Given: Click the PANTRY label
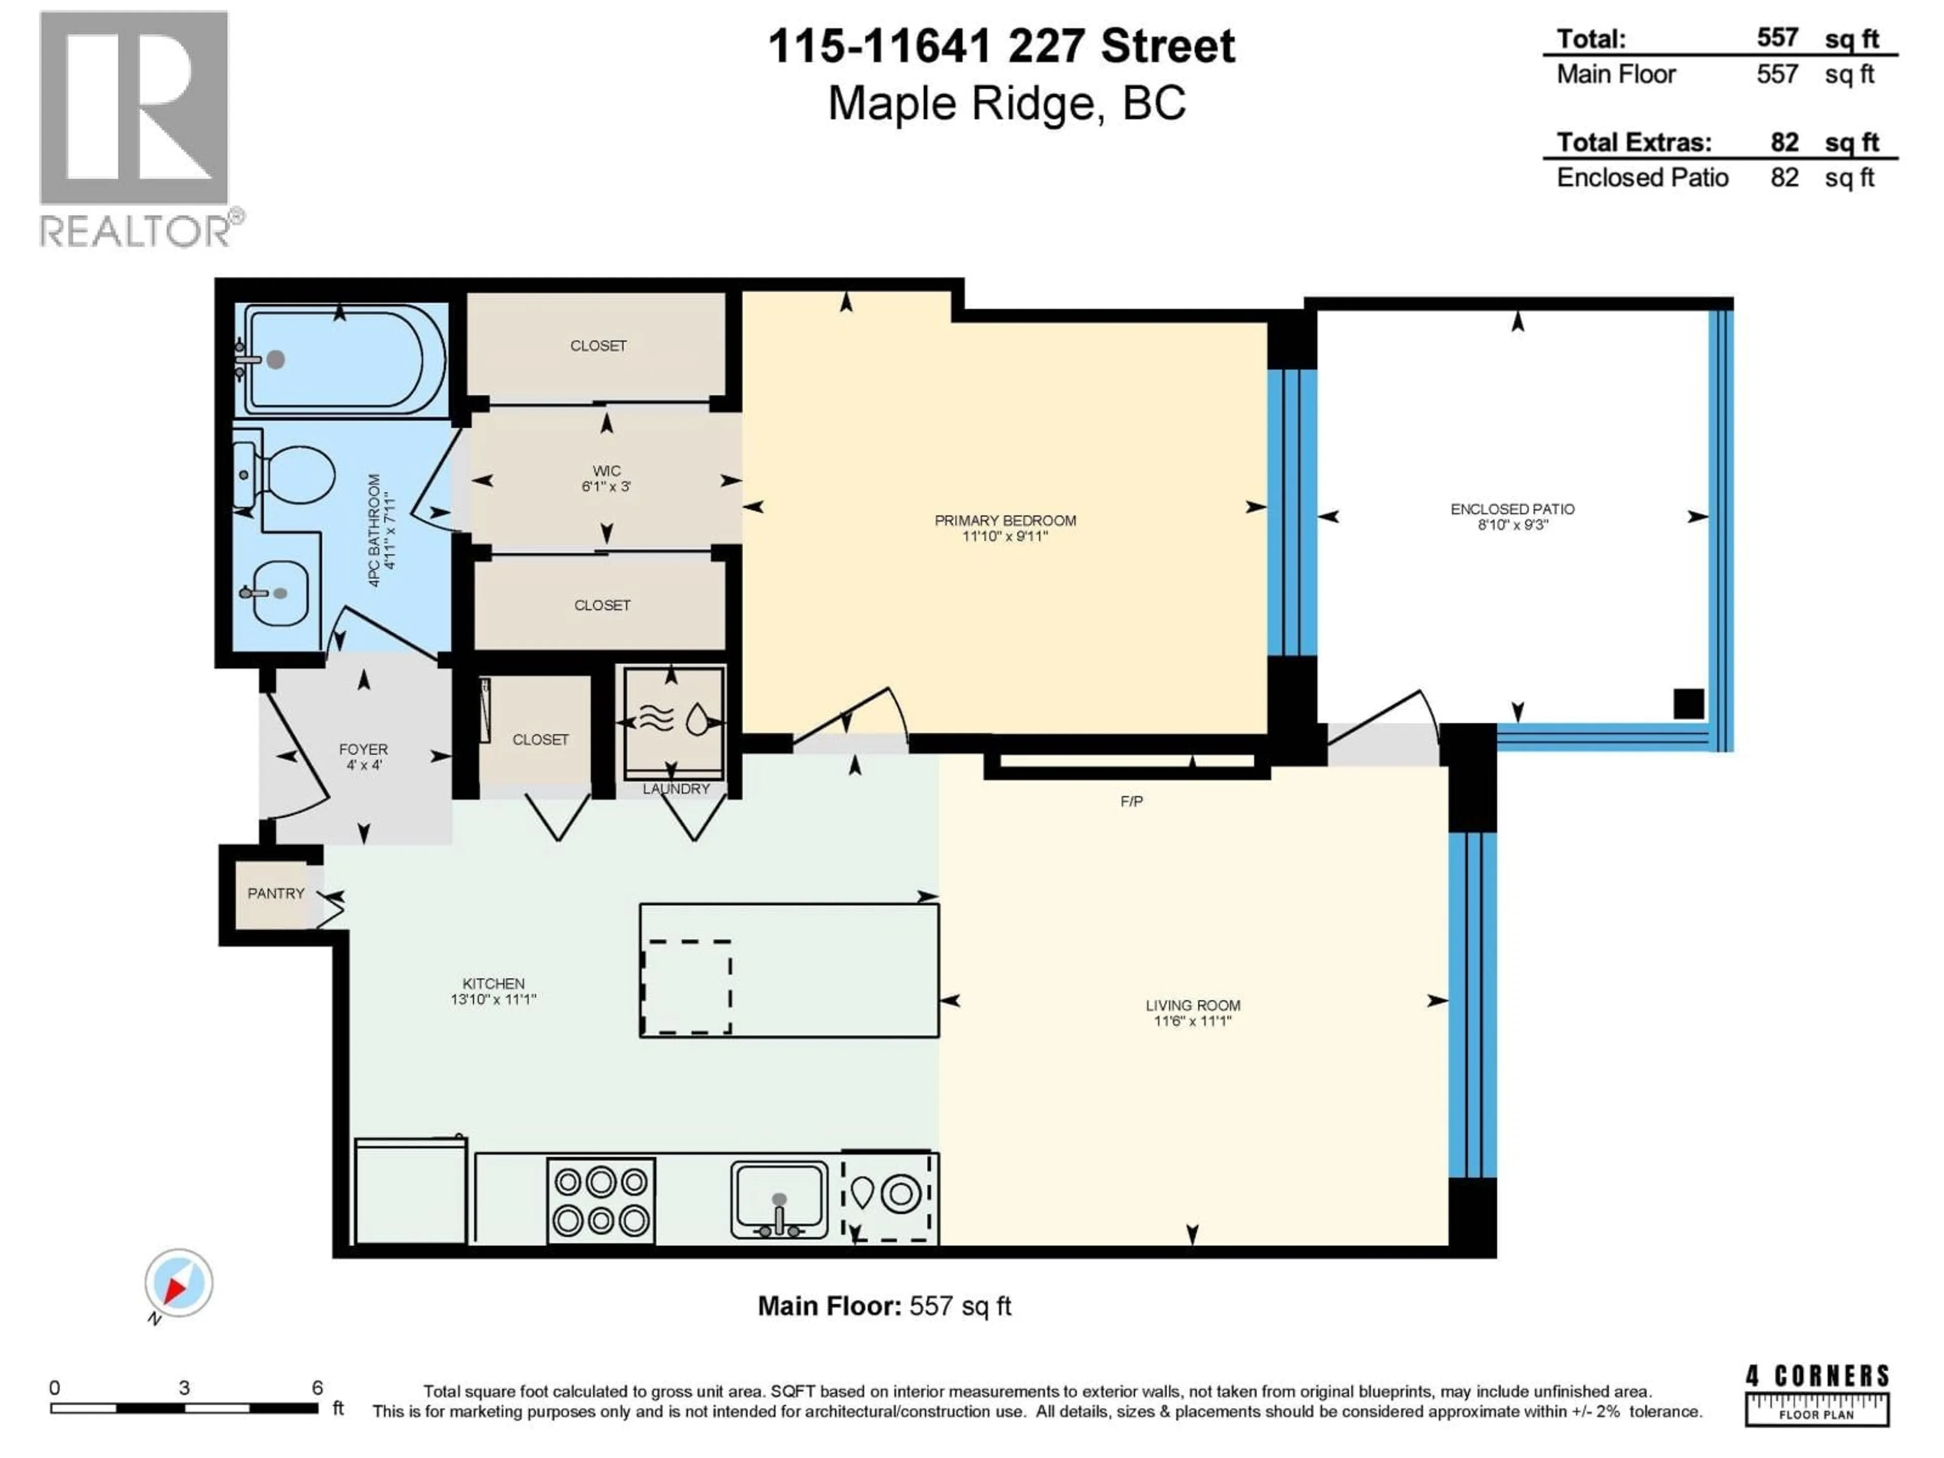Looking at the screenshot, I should [x=275, y=893].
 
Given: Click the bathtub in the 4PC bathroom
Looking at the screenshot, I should [x=343, y=358].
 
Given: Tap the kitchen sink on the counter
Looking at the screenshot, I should [x=779, y=1199].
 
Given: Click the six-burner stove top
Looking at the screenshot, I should [x=600, y=1200].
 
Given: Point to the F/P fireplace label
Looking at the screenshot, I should [x=1131, y=801].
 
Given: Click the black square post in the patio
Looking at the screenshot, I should [x=1688, y=704].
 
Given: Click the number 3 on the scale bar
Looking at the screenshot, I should [x=184, y=1388].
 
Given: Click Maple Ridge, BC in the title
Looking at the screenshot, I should [x=1006, y=104].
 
